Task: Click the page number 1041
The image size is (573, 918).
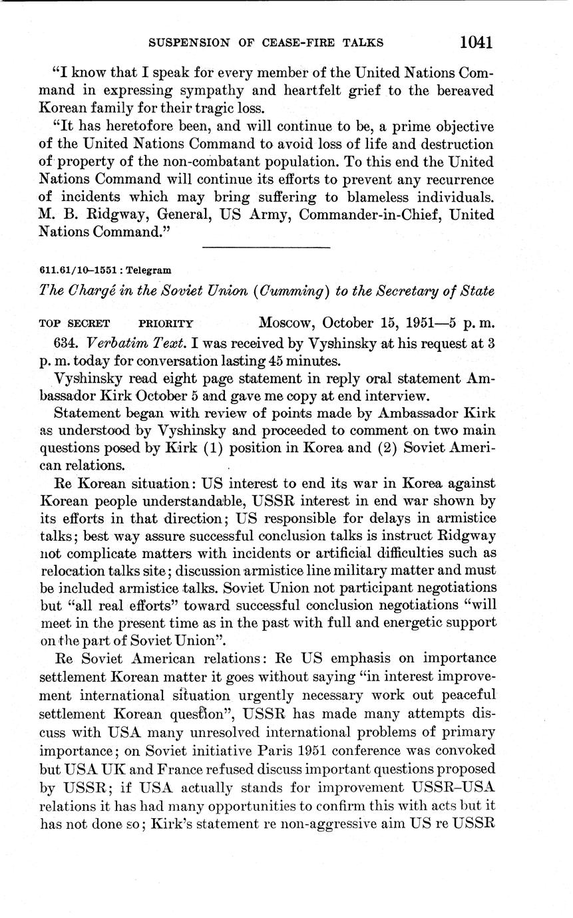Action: [x=475, y=43]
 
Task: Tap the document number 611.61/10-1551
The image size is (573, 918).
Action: [x=78, y=271]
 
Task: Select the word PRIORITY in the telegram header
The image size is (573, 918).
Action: [x=166, y=324]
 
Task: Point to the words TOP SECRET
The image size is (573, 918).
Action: [x=75, y=324]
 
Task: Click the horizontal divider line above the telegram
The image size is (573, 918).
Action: [x=266, y=247]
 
